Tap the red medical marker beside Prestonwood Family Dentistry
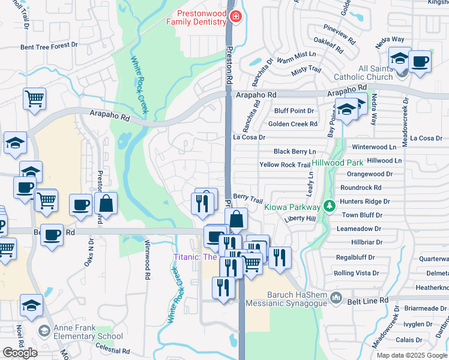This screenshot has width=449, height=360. point(234,17)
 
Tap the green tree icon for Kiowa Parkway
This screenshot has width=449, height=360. point(328,206)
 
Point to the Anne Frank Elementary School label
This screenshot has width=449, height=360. point(88,332)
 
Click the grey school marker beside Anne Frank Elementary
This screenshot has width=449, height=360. point(44,331)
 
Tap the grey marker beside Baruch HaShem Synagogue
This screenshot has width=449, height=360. point(337,298)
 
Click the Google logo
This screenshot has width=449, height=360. point(20,352)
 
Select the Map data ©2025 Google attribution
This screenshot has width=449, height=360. point(411,355)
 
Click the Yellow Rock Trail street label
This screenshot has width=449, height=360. point(285,165)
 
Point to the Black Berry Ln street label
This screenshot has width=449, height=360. point(294,152)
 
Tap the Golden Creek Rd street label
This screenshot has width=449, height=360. point(292,124)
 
